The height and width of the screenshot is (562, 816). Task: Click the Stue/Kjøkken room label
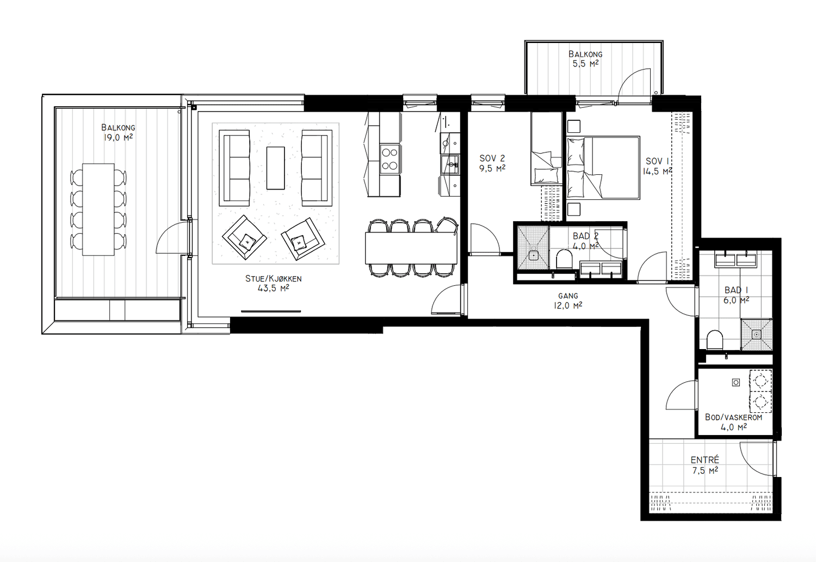tap(273, 283)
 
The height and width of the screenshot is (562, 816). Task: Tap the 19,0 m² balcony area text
tap(118, 137)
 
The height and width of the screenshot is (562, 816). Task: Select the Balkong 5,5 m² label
tap(585, 59)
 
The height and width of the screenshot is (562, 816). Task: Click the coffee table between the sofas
tap(275, 168)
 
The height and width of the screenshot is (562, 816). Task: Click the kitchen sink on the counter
tap(450, 165)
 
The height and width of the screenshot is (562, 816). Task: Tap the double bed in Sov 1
tap(603, 168)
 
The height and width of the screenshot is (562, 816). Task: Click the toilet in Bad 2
tap(564, 259)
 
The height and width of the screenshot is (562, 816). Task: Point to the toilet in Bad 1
tap(715, 340)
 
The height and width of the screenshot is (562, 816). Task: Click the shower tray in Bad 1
tap(756, 334)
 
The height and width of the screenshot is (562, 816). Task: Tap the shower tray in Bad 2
tap(533, 248)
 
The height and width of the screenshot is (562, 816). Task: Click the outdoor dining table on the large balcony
tap(98, 209)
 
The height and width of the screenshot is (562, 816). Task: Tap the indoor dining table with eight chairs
tap(411, 248)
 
